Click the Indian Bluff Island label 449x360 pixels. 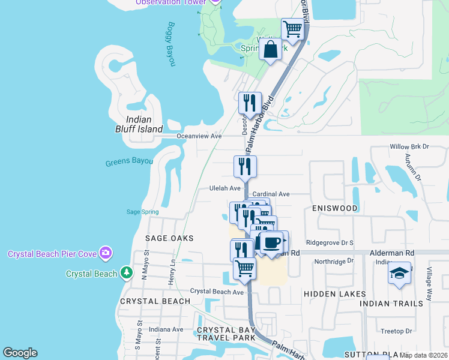139,124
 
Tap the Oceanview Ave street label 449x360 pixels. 199,136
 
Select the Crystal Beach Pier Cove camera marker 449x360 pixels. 106,253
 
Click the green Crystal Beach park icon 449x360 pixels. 126,274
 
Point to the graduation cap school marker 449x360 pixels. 400,274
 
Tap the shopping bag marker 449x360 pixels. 271,49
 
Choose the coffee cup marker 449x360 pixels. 273,242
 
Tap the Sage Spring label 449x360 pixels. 142,212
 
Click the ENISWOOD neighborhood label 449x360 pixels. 335,208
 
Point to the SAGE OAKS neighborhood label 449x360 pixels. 170,238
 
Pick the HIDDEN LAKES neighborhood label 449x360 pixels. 335,294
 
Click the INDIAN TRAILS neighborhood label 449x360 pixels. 391,304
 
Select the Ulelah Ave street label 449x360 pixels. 224,188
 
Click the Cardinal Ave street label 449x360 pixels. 271,194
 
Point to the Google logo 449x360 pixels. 20,353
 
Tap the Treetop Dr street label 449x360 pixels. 396,331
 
